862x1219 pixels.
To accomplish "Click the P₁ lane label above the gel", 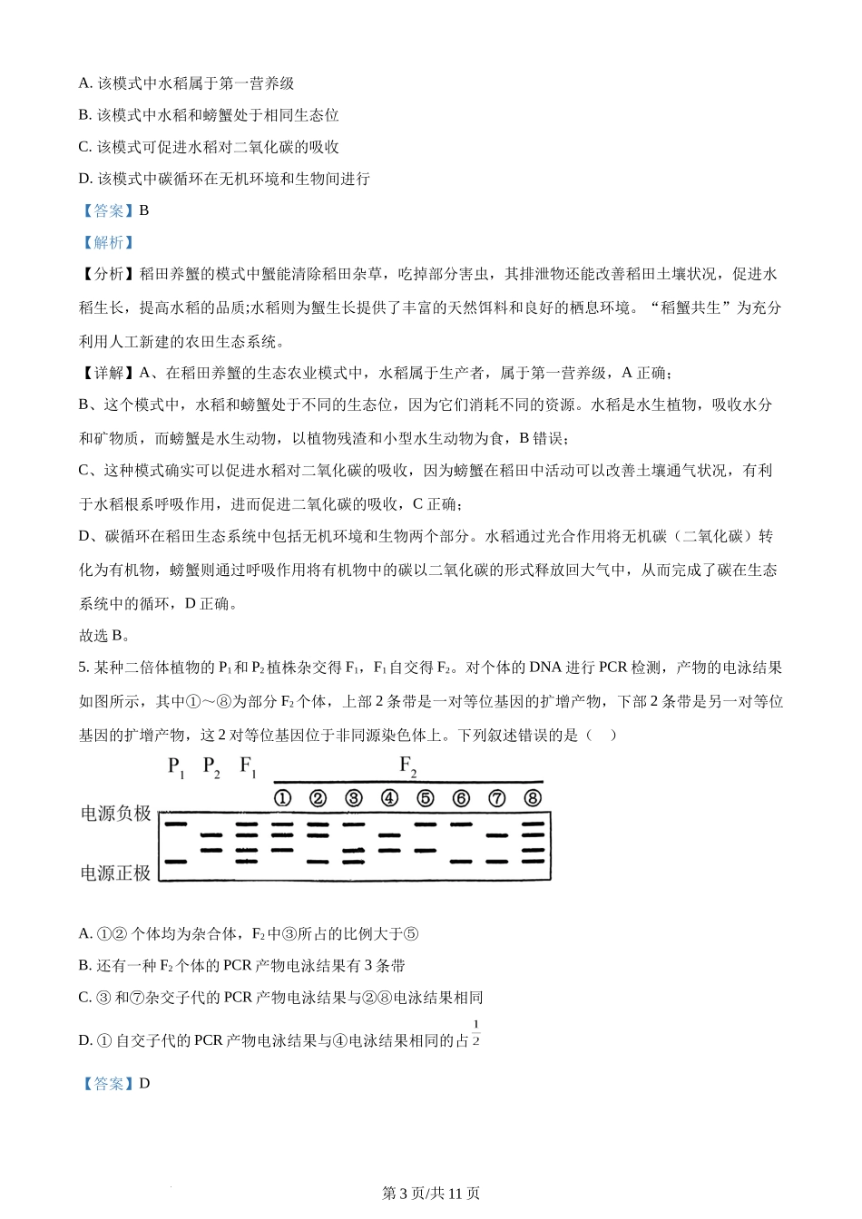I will pos(176,767).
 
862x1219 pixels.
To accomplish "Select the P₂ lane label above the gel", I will pos(211,767).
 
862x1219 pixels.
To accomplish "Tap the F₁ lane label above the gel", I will pos(248,767).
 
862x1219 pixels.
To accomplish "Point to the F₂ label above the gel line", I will pos(408,766).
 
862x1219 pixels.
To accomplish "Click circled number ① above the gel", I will pos(282,798).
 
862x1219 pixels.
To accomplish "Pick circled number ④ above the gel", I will pos(389,798).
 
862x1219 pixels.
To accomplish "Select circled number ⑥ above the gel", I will pos(461,798).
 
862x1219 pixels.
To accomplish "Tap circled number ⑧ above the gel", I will pos(533,798).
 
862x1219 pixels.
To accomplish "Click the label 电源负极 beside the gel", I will pos(116,814).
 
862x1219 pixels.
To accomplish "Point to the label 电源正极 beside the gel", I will pos(116,873).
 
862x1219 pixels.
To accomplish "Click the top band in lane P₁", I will pos(175,824).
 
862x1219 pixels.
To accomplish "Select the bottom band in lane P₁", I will pos(175,861).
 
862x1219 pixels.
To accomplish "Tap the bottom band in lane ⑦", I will pos(496,861).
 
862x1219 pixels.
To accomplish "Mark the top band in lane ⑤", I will pos(425,824).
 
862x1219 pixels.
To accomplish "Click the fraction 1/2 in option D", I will pos(475,1033).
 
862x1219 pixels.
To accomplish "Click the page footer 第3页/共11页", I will pos(431,1194).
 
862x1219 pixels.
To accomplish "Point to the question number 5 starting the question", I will pos(83,668).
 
